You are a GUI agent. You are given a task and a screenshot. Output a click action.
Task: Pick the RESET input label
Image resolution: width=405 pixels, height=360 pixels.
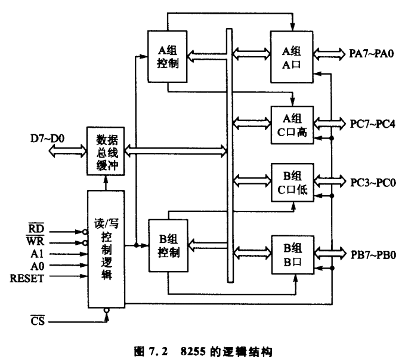click(27, 278)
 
